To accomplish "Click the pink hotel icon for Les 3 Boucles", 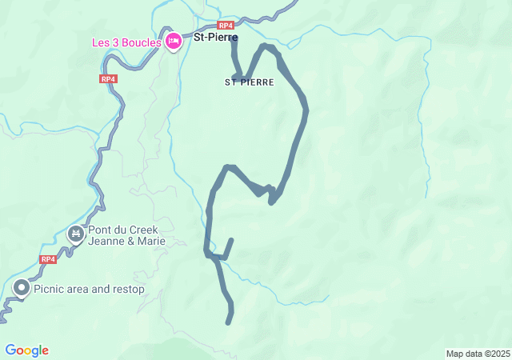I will (x=174, y=42).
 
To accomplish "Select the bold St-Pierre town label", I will (x=215, y=36).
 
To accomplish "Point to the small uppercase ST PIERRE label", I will (x=249, y=82).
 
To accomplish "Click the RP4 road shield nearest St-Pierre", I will (x=224, y=25).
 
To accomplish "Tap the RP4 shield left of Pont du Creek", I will (x=48, y=259).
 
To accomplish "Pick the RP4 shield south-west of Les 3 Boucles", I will (x=109, y=78).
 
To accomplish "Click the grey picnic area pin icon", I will (x=21, y=288).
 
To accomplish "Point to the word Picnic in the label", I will (x=50, y=289).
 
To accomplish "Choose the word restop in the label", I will (x=128, y=289).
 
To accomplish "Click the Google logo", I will (x=26, y=350).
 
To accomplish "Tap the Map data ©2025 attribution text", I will (x=478, y=354).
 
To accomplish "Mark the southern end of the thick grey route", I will (x=229, y=322).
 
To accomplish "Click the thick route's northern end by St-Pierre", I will (x=233, y=40).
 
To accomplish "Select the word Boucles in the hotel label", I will (x=142, y=42).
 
